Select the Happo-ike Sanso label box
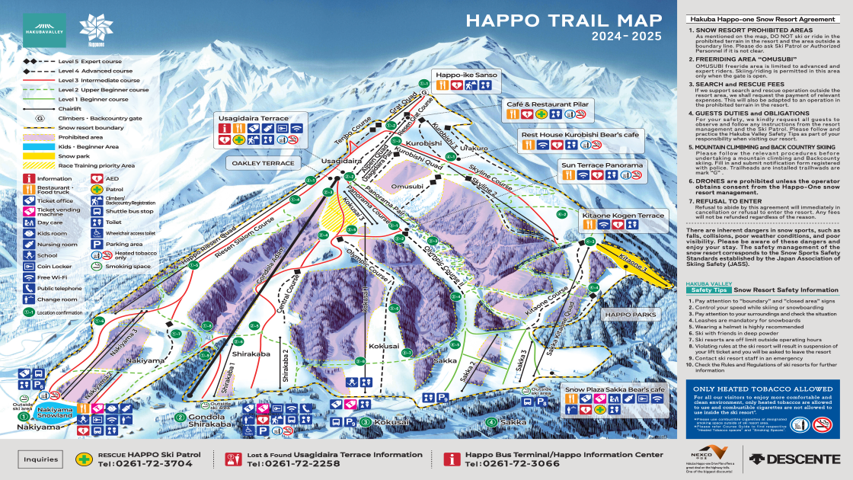click(465, 75)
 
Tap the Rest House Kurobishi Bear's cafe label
click(580, 134)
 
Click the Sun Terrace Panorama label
click(602, 164)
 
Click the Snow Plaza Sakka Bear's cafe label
click(615, 389)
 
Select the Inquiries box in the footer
click(41, 459)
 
